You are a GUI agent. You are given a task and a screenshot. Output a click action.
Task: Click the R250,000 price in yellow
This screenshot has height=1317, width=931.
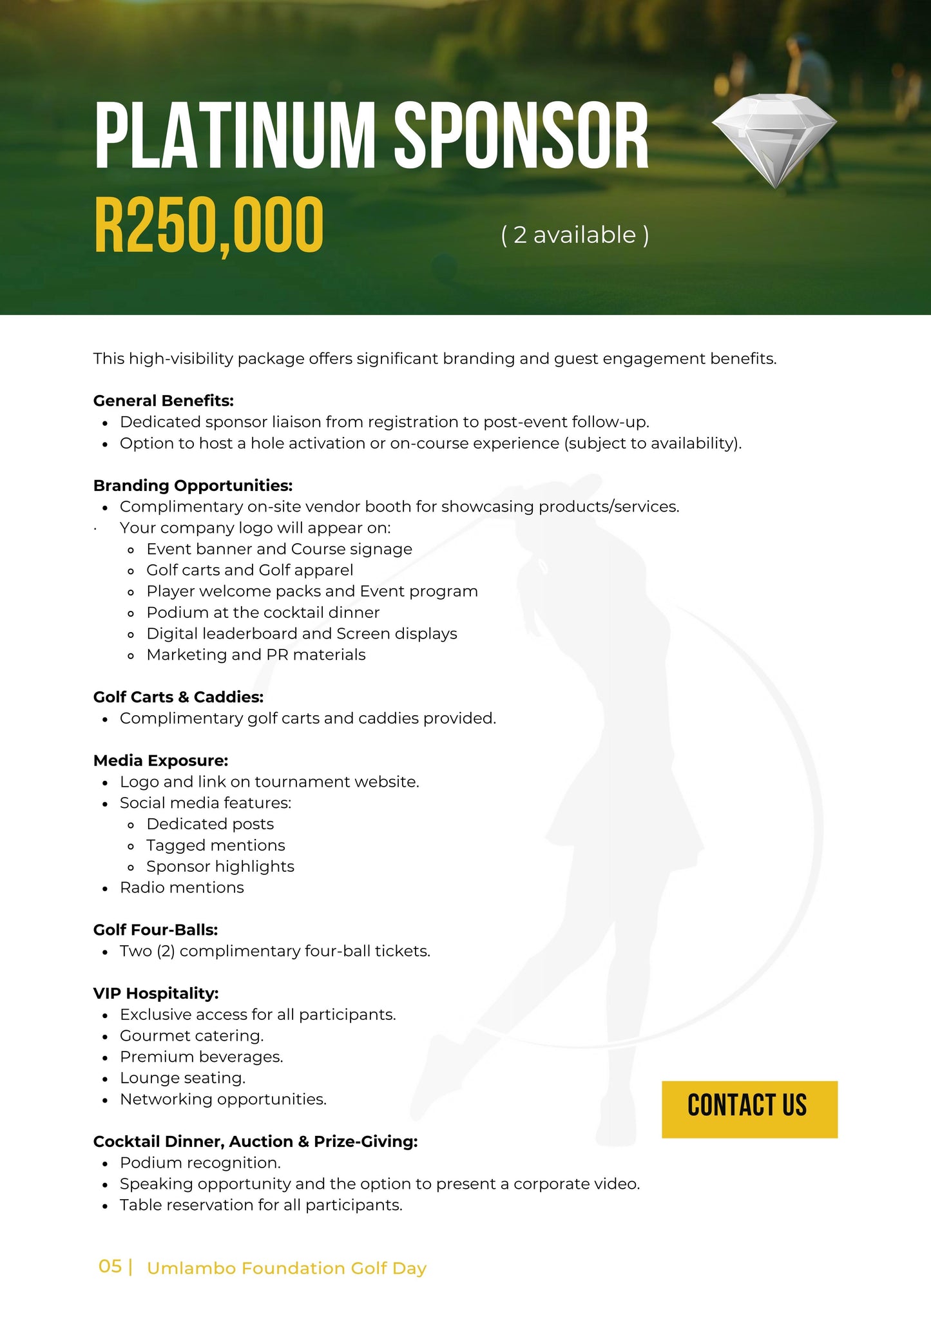click(x=209, y=226)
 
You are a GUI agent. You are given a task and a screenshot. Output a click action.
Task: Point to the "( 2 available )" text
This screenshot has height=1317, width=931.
click(x=575, y=235)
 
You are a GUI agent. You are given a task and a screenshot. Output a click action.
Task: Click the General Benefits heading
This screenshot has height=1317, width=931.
click(x=163, y=401)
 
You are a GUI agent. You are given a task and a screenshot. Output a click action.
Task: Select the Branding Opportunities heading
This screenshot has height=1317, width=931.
click(x=193, y=485)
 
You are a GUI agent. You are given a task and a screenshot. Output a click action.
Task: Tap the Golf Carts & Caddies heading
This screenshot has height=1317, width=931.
click(x=178, y=697)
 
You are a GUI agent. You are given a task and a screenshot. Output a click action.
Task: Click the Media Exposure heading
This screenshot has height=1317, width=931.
click(x=160, y=760)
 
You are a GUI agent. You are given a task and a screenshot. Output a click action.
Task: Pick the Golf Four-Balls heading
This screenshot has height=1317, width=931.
click(x=155, y=930)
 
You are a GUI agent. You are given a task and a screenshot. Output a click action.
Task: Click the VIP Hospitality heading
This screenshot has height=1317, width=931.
click(x=156, y=993)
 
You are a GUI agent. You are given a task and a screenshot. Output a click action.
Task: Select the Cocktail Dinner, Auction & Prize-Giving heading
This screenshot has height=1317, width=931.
click(x=255, y=1141)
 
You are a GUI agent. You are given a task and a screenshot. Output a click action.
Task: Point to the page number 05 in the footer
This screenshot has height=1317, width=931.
click(x=110, y=1267)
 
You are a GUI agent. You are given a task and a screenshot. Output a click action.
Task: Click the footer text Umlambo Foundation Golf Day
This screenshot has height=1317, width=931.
click(x=287, y=1268)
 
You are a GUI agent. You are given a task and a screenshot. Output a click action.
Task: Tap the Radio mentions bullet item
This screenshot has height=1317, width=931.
click(x=182, y=887)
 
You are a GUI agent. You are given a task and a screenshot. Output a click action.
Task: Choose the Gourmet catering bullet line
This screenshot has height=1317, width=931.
click(x=191, y=1035)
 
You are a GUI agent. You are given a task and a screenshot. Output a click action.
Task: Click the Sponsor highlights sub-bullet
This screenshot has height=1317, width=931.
click(x=220, y=866)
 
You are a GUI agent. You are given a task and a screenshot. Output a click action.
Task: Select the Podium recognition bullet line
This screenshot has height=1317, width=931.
click(x=200, y=1162)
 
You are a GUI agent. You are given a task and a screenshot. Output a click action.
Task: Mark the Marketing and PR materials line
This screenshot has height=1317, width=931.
click(x=256, y=655)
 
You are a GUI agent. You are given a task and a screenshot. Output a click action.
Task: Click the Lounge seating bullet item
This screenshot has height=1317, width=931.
click(x=182, y=1078)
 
